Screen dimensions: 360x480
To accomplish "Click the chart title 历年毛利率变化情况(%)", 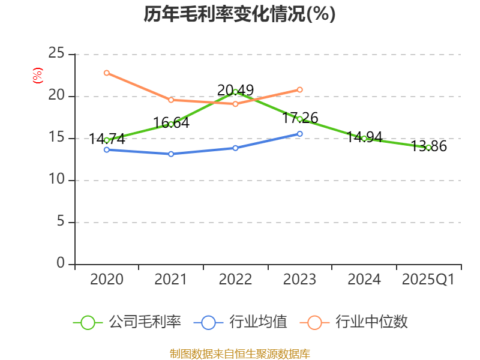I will click(239, 14).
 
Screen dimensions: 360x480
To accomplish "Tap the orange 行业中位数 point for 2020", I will click(107, 73).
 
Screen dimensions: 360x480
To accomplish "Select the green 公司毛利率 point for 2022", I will click(235, 92).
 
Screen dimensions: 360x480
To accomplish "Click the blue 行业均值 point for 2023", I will click(300, 133).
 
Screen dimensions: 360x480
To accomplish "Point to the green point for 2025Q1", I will click(428, 147).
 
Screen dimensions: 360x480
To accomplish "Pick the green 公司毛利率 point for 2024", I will click(364, 138).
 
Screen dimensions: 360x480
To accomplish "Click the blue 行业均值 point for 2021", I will click(171, 154).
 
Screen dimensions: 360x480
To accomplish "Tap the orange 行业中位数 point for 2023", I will click(300, 89).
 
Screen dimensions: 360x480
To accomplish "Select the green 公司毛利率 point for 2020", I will click(107, 140).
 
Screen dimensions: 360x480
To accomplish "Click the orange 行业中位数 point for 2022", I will click(235, 104).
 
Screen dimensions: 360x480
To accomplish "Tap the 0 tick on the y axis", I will click(61, 263).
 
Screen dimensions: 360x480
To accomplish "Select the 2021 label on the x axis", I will click(171, 280).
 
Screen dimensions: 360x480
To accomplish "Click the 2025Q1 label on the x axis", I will click(428, 280).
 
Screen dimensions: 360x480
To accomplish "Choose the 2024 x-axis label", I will click(364, 280).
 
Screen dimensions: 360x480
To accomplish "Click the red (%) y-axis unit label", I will click(37, 76).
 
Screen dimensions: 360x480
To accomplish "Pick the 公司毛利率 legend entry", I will click(127, 322).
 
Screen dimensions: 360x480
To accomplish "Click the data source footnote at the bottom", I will click(239, 353).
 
